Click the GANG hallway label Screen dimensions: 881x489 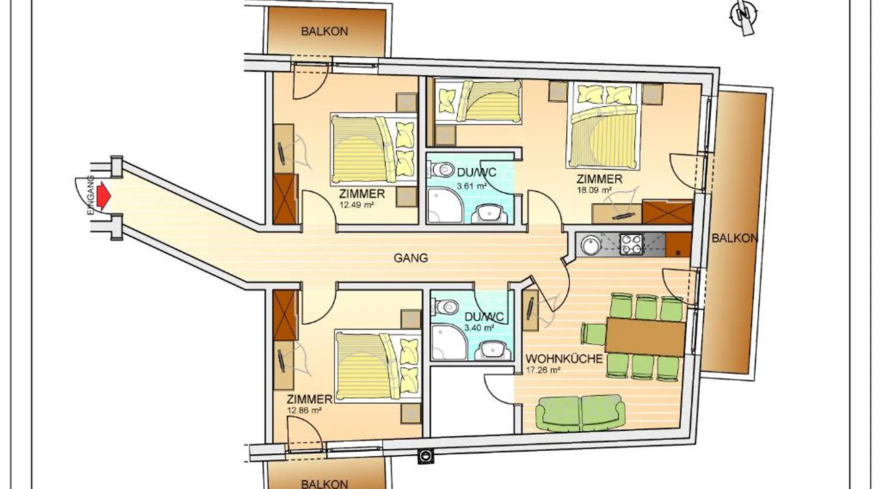[411, 258]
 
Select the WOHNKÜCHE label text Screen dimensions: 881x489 [564, 358]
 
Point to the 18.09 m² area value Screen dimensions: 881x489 [594, 190]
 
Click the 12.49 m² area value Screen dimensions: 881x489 [356, 205]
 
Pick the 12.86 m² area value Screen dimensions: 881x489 [304, 410]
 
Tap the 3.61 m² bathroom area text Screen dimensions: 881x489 [471, 186]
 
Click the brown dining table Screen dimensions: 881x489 [645, 336]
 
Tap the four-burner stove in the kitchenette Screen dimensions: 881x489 [632, 244]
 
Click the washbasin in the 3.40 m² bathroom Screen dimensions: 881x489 [492, 350]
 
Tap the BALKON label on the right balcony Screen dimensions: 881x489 [735, 238]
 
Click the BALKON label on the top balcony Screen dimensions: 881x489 [325, 31]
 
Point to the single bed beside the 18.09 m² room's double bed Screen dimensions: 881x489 [478, 101]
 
